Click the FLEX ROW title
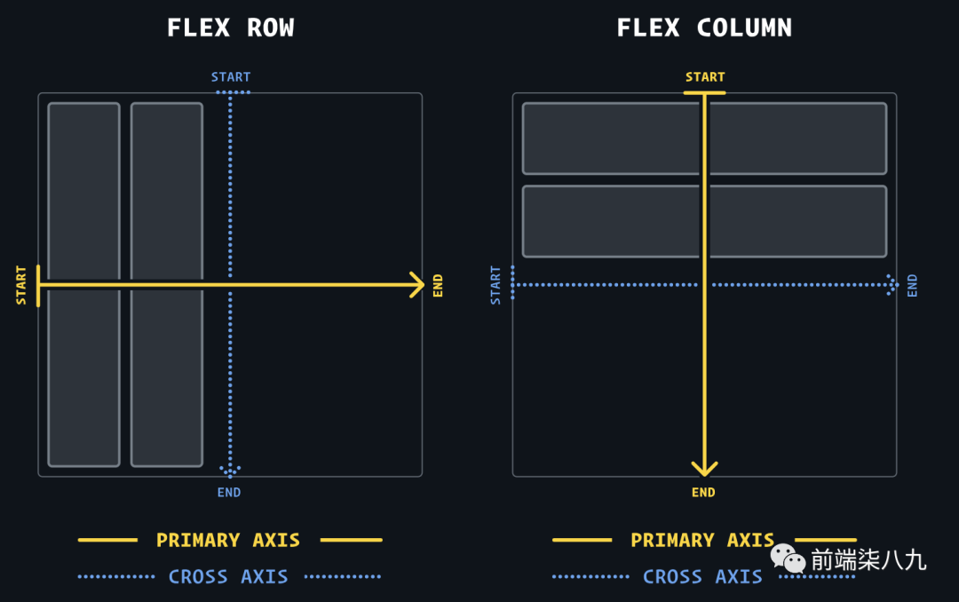(230, 28)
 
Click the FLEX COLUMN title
(704, 28)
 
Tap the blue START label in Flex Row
(231, 77)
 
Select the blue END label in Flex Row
(229, 492)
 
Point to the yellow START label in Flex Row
(21, 285)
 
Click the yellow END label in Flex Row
(438, 285)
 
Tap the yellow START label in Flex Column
(705, 77)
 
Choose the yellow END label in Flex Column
(703, 492)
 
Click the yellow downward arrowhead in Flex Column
(704, 467)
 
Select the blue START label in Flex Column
(495, 285)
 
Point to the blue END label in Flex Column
(912, 285)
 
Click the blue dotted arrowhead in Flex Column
(891, 285)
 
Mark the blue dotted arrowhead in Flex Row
(230, 469)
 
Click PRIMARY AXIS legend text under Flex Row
(228, 540)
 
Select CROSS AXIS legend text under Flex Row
(228, 577)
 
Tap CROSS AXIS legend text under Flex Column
(702, 577)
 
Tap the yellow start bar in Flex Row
(38, 285)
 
